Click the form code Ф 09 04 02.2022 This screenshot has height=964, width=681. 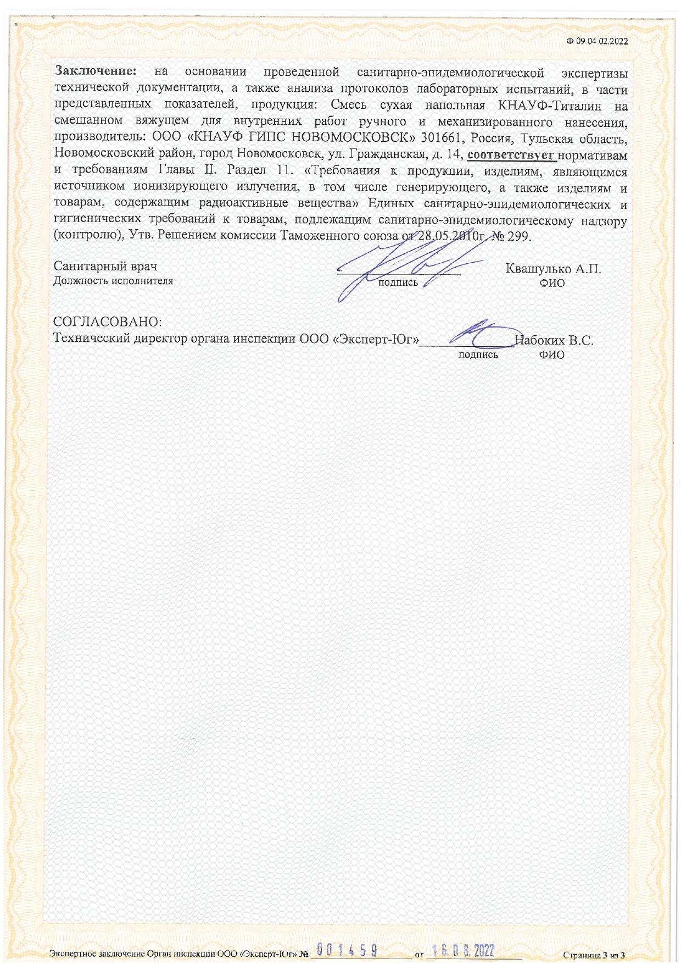pyautogui.click(x=598, y=41)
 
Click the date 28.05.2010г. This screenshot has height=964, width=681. pyautogui.click(x=450, y=236)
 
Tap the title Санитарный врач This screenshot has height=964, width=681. pyautogui.click(x=105, y=267)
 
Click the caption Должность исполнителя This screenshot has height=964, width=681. pyautogui.click(x=113, y=281)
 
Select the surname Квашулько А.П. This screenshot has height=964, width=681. pyautogui.click(x=553, y=269)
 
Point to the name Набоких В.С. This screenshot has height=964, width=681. pyautogui.click(x=555, y=340)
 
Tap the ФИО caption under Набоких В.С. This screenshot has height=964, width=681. pyautogui.click(x=551, y=355)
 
